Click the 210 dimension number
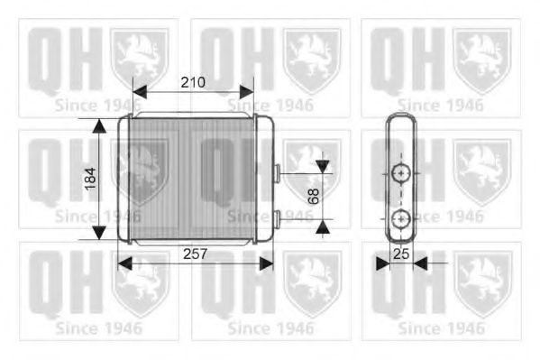191,82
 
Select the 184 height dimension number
89,180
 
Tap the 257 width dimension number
195,254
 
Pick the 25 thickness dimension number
401,255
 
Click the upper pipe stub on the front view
278,171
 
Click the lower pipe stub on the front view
278,217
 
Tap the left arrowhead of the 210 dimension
139,91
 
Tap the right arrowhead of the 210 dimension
247,91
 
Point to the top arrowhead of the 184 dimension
97,125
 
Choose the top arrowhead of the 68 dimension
322,166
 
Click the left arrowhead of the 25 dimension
382,263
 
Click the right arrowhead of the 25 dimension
419,263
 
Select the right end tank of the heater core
265,179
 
